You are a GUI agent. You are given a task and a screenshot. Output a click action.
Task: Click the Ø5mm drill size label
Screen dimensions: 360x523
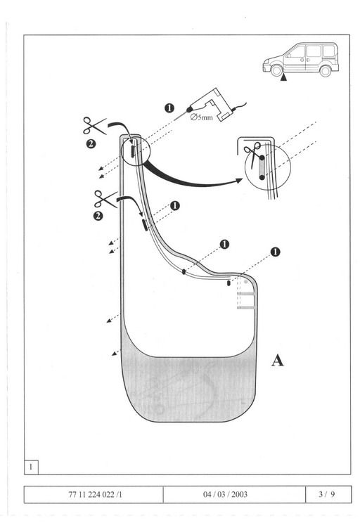pyautogui.click(x=201, y=117)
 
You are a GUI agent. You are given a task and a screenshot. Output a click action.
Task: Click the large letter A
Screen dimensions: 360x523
pyautogui.click(x=277, y=361)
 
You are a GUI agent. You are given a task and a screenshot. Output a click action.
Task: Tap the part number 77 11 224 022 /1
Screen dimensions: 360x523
pyautogui.click(x=95, y=494)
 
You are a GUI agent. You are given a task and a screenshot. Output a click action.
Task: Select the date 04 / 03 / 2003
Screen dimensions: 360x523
pyautogui.click(x=225, y=494)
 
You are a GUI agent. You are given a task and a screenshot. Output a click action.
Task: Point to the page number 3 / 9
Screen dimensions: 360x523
pyautogui.click(x=326, y=494)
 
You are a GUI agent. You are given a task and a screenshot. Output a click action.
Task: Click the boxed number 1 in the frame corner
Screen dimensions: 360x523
pyautogui.click(x=31, y=467)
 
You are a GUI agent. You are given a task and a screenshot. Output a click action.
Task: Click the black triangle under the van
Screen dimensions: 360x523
pyautogui.click(x=283, y=78)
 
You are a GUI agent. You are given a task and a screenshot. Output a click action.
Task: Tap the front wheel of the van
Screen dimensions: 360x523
pyautogui.click(x=276, y=70)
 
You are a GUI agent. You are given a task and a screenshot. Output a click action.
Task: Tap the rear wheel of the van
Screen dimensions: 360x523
pyautogui.click(x=326, y=71)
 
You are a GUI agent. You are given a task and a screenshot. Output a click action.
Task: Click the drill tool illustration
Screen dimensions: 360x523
pyautogui.click(x=214, y=105)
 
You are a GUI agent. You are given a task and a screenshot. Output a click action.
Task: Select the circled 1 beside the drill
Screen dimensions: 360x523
pyautogui.click(x=169, y=108)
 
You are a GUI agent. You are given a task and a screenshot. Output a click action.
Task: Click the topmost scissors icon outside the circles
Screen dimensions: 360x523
pyautogui.click(x=94, y=125)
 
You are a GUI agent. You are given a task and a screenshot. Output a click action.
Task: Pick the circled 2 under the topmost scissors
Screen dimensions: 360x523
pyautogui.click(x=91, y=144)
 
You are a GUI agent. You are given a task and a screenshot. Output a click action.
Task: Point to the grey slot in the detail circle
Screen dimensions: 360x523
pyautogui.click(x=262, y=167)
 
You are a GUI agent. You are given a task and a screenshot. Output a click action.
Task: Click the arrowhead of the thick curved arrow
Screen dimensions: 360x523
pyautogui.click(x=238, y=181)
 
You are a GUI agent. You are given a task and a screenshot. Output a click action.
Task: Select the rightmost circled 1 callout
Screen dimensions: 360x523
pyautogui.click(x=275, y=252)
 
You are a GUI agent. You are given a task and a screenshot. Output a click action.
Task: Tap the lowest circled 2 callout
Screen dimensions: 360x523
pyautogui.click(x=98, y=216)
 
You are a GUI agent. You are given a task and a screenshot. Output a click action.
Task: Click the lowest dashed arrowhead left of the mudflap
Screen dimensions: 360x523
pyautogui.click(x=114, y=354)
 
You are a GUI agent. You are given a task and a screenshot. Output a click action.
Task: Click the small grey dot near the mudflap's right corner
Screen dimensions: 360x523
pyautogui.click(x=246, y=282)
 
